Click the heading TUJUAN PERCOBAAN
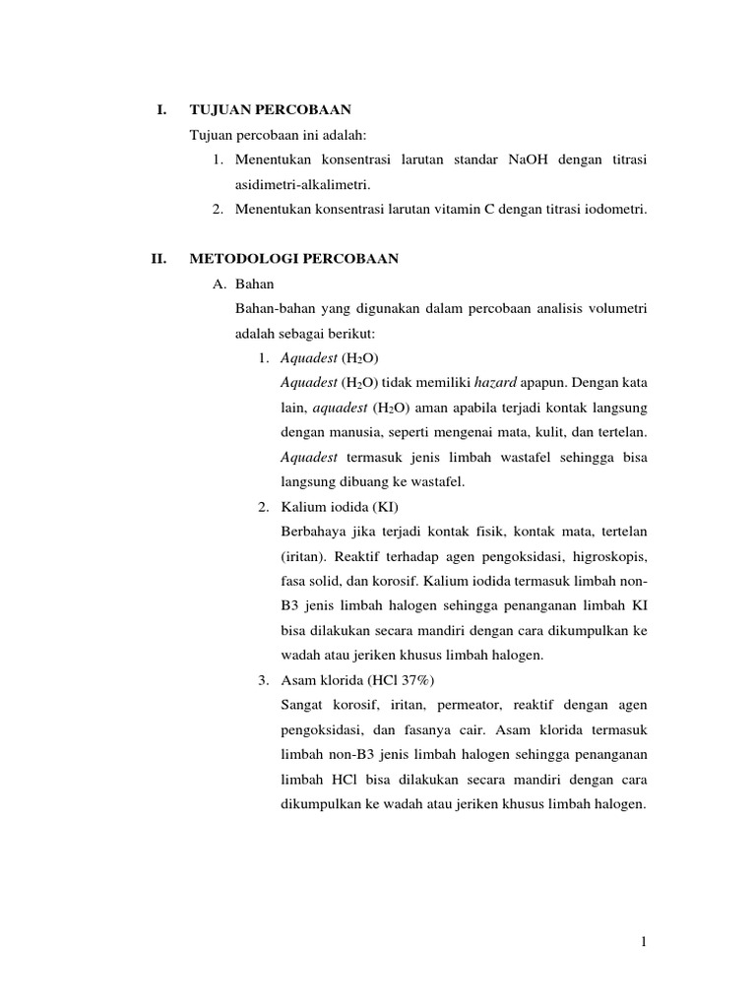click(271, 108)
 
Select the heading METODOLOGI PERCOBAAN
click(293, 259)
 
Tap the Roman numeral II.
click(157, 259)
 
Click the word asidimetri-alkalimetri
click(304, 184)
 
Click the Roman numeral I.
click(160, 108)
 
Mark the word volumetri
click(616, 308)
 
